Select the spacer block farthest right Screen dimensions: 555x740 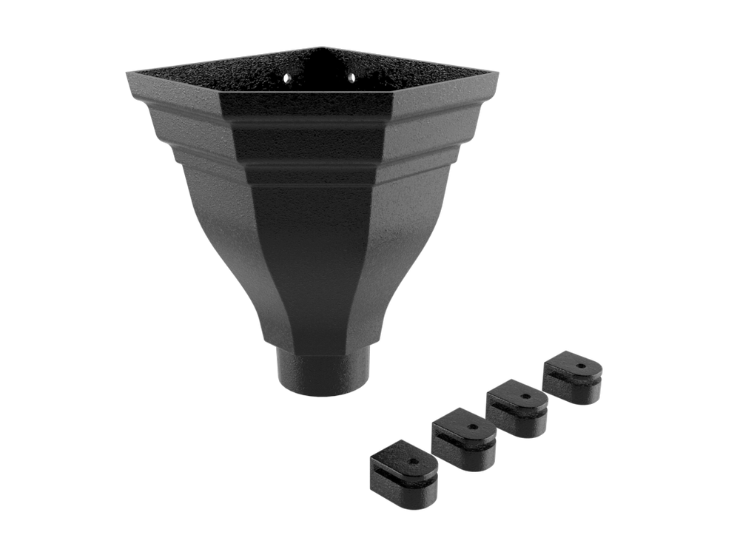click(573, 378)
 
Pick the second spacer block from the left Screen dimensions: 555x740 click(463, 440)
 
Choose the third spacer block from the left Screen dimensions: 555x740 click(517, 407)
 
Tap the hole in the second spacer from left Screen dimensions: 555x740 click(470, 427)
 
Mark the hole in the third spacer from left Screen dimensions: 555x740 click(525, 394)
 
